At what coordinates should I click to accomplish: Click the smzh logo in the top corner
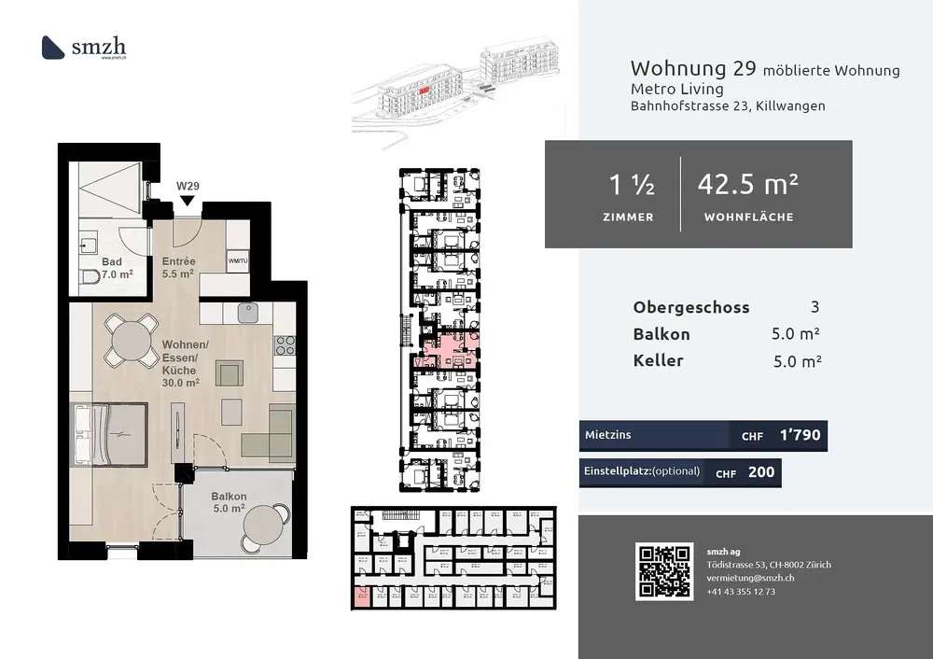point(84,47)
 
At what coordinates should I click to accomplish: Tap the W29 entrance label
point(188,186)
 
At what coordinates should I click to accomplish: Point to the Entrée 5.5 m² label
point(178,268)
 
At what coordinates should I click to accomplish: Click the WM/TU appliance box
point(237,260)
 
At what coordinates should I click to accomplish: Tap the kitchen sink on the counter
point(247,313)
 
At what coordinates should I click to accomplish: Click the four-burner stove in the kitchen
point(285,345)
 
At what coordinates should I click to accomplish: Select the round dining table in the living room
point(131,340)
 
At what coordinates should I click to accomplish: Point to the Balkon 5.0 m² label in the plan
point(228,502)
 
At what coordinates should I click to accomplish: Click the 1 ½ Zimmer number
point(632,186)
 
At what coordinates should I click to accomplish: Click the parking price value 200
point(761,472)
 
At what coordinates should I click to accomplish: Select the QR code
point(664,570)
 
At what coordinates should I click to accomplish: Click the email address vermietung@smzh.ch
point(752,579)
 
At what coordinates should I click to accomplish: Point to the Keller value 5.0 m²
point(797,361)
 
